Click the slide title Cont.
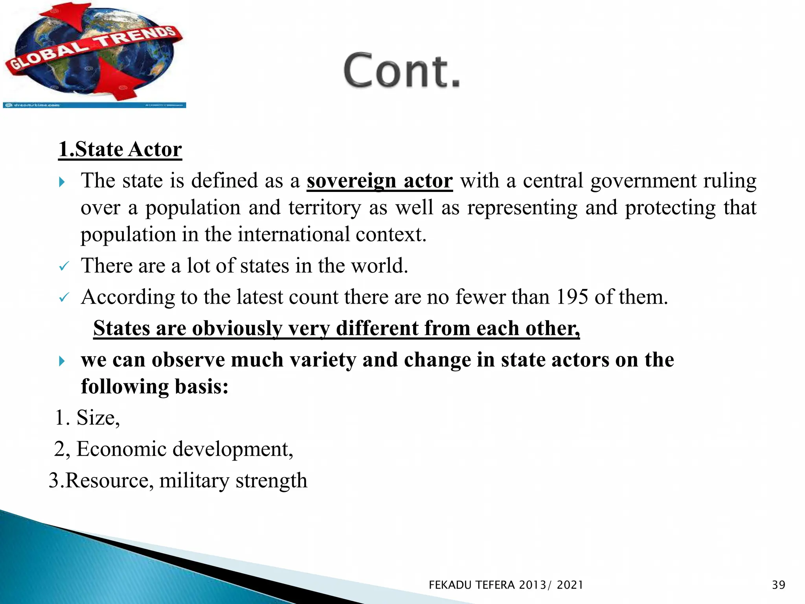click(x=402, y=71)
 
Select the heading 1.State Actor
click(x=120, y=149)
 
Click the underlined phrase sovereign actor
click(x=379, y=181)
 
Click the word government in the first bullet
click(x=644, y=181)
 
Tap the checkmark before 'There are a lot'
click(x=64, y=267)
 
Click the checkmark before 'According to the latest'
click(x=64, y=298)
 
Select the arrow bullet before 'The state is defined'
click(x=61, y=182)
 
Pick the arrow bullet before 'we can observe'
click(x=61, y=361)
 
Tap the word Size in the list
click(x=96, y=418)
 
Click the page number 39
click(x=778, y=585)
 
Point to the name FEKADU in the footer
click(x=450, y=585)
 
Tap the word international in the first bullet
click(x=293, y=235)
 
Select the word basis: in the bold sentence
click(x=201, y=387)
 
